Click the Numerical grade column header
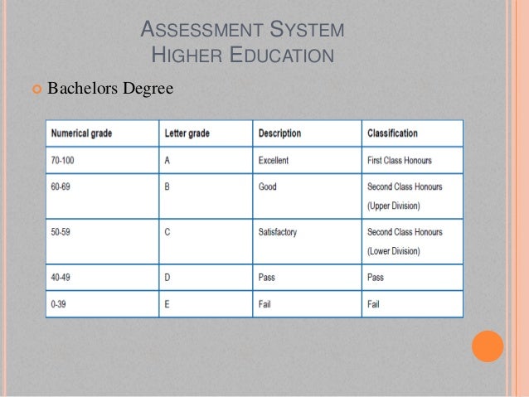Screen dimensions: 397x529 pos(83,133)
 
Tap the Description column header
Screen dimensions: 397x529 pos(279,133)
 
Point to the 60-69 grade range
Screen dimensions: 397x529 pos(60,187)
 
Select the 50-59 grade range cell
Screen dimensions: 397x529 pos(60,233)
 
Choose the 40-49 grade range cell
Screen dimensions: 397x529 pos(60,278)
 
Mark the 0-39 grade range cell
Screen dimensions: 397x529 pos(58,304)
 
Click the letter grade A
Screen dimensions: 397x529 pos(167,160)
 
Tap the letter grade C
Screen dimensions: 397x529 pos(167,233)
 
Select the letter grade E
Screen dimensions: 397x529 pos(167,304)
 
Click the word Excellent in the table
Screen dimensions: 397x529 pos(274,160)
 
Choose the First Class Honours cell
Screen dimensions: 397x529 pos(399,160)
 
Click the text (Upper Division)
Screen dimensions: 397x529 pos(393,206)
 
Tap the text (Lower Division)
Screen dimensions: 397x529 pos(393,251)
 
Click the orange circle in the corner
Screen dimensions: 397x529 pos(488,346)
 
